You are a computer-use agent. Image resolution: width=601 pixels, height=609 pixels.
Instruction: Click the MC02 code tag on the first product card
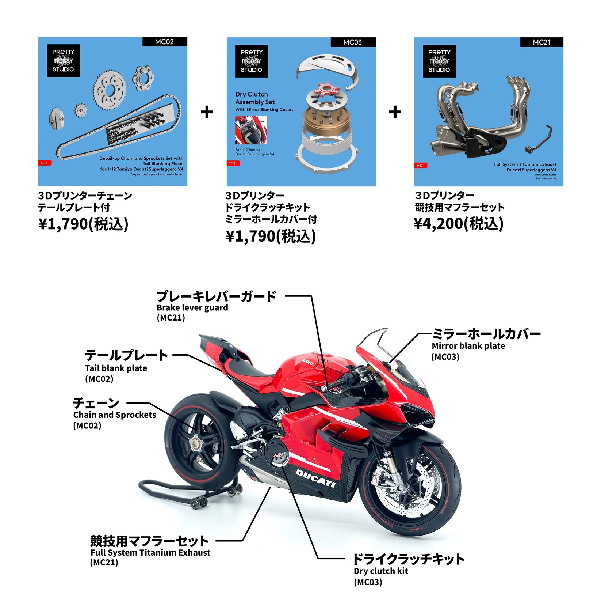click(164, 42)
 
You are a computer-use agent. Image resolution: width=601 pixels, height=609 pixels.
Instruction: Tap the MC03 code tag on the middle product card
click(353, 42)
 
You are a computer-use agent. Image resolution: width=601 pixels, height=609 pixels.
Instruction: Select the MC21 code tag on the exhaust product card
click(541, 42)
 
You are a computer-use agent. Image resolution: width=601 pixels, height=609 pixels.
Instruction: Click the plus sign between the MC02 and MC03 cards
click(207, 112)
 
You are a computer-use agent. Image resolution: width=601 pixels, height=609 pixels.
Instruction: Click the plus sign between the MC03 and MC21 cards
click(395, 112)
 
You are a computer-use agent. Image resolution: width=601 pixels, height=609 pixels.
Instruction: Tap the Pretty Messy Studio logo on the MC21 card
click(439, 61)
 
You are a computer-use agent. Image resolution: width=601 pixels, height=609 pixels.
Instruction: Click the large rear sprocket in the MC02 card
click(109, 90)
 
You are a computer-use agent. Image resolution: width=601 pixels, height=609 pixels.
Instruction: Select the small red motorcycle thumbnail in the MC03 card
click(251, 130)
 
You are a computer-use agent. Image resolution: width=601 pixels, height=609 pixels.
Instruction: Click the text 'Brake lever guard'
click(192, 308)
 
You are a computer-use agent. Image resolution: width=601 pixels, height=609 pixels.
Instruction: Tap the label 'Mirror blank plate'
click(468, 346)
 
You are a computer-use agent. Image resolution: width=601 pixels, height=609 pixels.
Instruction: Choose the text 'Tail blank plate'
click(116, 368)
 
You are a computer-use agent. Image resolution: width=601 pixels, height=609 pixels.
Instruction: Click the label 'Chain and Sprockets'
click(114, 415)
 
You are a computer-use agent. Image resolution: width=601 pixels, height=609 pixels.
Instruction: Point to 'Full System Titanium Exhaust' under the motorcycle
click(150, 553)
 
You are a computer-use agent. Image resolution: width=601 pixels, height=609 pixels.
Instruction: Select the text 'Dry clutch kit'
click(380, 571)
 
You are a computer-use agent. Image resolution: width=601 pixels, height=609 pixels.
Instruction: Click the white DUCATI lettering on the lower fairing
click(315, 478)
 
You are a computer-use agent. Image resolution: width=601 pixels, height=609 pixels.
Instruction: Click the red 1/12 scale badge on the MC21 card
click(421, 165)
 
